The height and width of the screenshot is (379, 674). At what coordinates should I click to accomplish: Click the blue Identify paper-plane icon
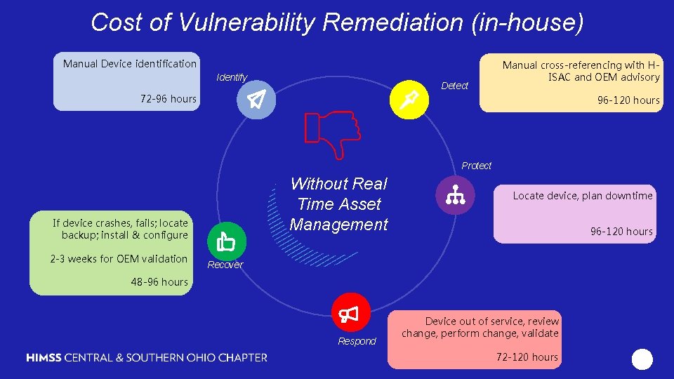[x=256, y=101]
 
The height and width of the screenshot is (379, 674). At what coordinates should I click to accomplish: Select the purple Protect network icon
[x=454, y=195]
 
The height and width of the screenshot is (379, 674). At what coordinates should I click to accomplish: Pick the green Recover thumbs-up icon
[x=225, y=241]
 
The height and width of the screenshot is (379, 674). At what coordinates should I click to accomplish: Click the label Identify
[x=232, y=77]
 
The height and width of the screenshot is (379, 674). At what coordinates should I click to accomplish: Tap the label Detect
[x=454, y=86]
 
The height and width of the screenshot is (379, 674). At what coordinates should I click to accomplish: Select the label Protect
[x=476, y=166]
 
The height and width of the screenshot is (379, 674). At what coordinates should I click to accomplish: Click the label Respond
[x=357, y=341]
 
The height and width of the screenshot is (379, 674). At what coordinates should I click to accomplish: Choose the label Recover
[x=225, y=265]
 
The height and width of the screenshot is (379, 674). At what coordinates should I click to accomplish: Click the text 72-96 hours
[x=168, y=99]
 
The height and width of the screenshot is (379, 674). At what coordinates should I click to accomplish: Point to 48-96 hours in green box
[x=159, y=281]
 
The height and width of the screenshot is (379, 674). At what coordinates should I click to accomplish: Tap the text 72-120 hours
[x=527, y=357]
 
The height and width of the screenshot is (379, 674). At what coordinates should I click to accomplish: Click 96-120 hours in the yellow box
[x=628, y=100]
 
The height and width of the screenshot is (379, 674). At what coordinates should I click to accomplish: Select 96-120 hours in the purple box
[x=621, y=232]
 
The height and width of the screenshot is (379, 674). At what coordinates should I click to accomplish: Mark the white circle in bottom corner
[x=642, y=359]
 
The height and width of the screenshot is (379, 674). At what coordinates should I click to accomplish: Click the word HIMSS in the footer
[x=44, y=357]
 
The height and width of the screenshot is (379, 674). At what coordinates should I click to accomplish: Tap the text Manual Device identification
[x=130, y=64]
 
